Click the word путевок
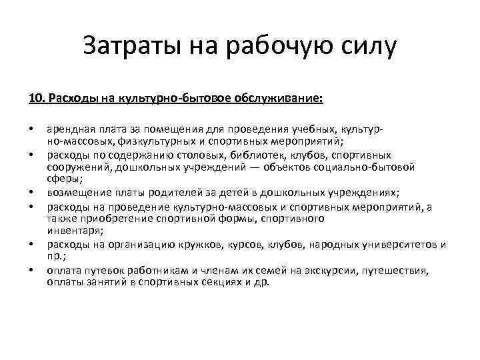[x=102, y=271]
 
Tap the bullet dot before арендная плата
[x=32, y=129]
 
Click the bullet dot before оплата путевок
[x=32, y=271]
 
